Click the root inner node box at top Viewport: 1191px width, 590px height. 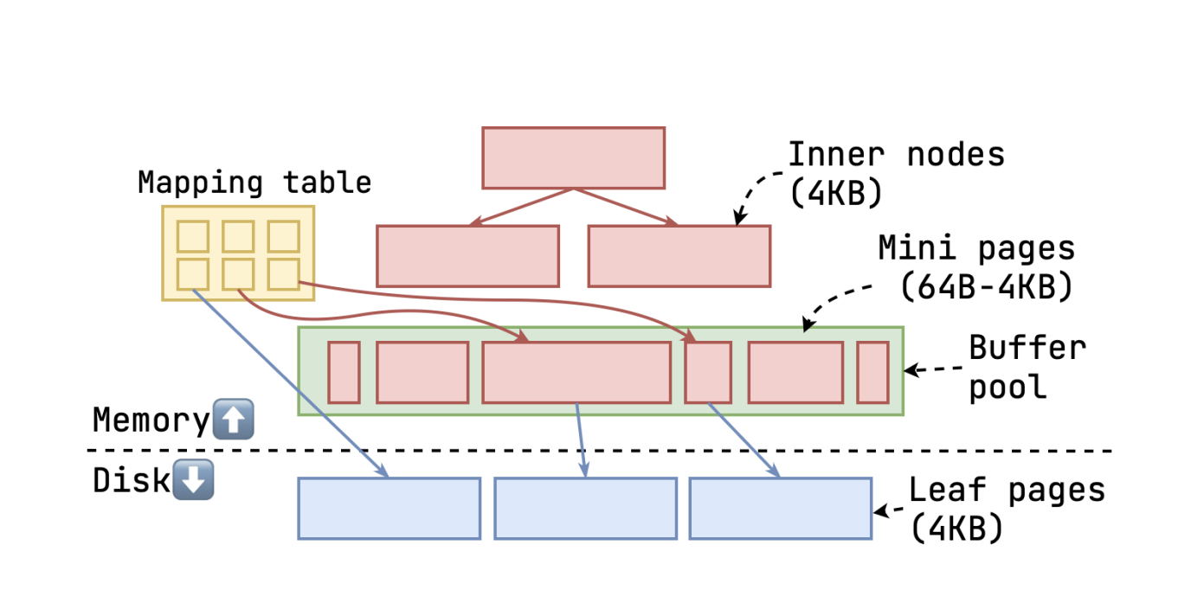tap(573, 157)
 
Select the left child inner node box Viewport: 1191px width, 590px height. tap(467, 256)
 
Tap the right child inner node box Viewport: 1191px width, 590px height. tap(679, 256)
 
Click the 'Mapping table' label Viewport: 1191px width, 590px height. tap(254, 183)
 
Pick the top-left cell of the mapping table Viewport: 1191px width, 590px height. tap(193, 235)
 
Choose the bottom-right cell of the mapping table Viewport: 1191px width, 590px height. tap(283, 274)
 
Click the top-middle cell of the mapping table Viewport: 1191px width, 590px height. tap(238, 235)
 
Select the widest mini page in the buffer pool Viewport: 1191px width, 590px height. tap(576, 372)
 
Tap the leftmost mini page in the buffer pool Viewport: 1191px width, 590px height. tap(344, 372)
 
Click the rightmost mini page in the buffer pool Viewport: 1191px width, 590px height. tap(872, 372)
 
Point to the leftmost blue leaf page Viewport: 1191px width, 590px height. tap(389, 509)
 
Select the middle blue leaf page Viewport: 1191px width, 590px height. tap(585, 509)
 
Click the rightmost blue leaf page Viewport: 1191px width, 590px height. tap(780, 509)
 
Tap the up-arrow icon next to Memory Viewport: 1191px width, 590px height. tap(233, 420)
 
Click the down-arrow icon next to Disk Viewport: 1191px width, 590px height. tap(193, 480)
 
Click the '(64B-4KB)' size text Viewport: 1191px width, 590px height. tap(986, 287)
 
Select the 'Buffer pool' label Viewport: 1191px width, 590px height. tap(1027, 367)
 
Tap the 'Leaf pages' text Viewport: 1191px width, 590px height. tap(1007, 490)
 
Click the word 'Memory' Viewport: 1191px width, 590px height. tap(151, 420)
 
